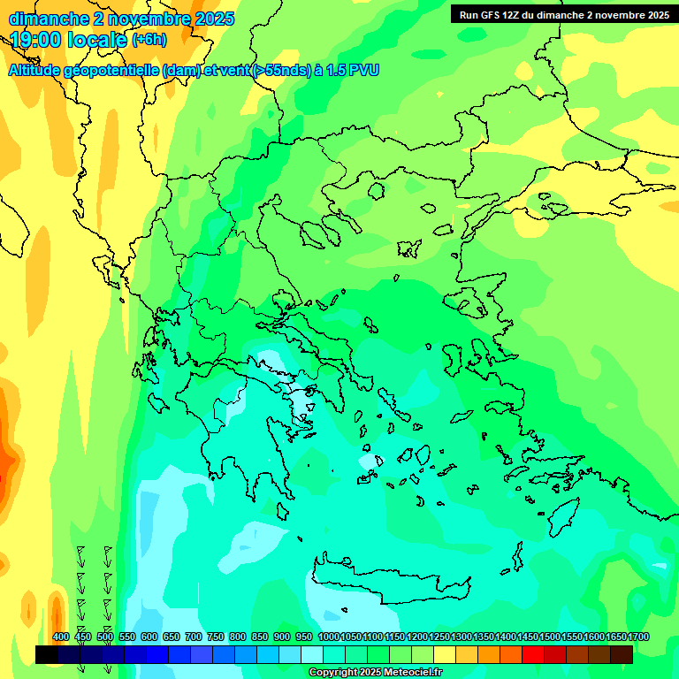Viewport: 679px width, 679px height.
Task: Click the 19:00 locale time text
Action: [x=69, y=40]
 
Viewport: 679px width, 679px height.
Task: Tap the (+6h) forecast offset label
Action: [x=149, y=40]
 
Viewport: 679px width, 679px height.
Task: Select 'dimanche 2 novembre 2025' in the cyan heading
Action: [x=121, y=18]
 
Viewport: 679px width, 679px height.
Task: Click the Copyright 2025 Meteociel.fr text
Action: [x=375, y=672]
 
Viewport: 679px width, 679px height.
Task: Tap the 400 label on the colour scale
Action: [x=61, y=637]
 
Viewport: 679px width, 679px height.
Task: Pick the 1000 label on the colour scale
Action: [x=329, y=637]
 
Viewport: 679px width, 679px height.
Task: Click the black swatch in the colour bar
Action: [x=47, y=654]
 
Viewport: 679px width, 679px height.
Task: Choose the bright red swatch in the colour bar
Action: [x=533, y=654]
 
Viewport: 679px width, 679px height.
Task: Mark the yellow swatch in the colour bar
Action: [x=445, y=654]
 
